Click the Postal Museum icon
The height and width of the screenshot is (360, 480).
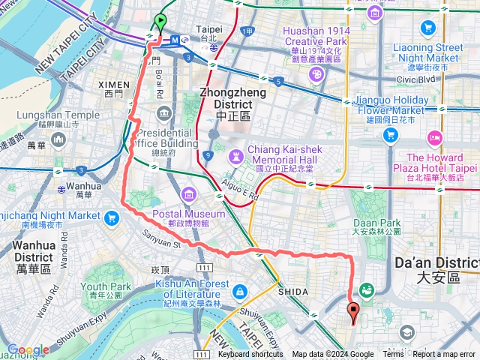[x=187, y=197]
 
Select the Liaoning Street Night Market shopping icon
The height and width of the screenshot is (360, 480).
[x=428, y=28]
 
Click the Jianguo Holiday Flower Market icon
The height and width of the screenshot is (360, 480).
[x=390, y=135]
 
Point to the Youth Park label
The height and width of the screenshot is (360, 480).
[x=106, y=291]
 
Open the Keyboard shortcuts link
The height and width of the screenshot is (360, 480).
[x=250, y=355]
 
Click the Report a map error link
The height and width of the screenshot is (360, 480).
[x=444, y=355]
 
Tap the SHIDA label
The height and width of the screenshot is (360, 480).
[x=292, y=292]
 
